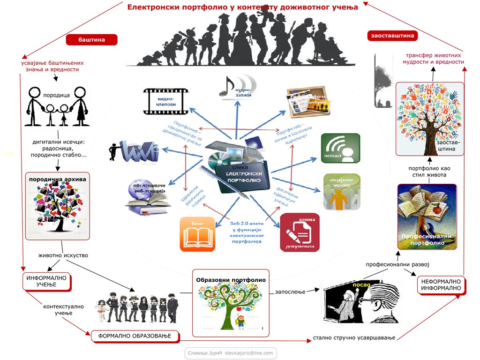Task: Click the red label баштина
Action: [x=91, y=40]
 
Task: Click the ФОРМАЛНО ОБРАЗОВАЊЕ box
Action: [x=135, y=336]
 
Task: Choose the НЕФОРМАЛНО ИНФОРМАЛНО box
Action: [x=441, y=285]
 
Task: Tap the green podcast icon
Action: [x=340, y=148]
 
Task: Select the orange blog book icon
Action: [x=197, y=234]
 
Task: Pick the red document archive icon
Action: [x=300, y=232]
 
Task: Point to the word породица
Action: [x=56, y=95]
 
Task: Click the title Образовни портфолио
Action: [x=231, y=280]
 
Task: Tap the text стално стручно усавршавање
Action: [x=354, y=337]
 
